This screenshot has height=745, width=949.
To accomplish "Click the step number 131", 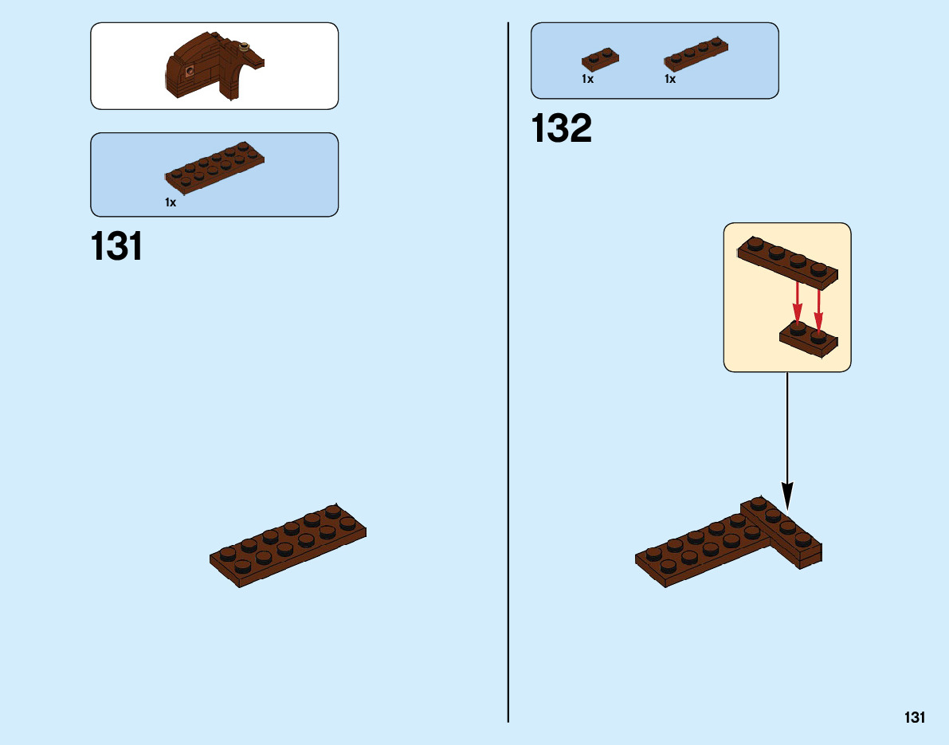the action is (x=117, y=247).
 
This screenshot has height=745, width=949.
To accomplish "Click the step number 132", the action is (x=562, y=129).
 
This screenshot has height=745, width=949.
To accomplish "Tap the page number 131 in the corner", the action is (x=914, y=718).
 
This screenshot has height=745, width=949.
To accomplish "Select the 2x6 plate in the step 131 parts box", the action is (x=214, y=168).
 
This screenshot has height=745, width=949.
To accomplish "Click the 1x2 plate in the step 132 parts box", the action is (x=601, y=60).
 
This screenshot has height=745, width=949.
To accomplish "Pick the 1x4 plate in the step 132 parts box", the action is (x=696, y=52).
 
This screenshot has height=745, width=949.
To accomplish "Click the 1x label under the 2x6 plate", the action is (x=171, y=203).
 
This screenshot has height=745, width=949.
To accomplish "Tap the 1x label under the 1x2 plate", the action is (x=587, y=79).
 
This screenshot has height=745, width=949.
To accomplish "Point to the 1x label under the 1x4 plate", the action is (x=670, y=79).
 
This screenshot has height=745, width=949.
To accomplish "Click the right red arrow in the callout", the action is (x=818, y=306).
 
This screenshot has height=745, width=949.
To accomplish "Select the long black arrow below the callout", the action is (x=787, y=438).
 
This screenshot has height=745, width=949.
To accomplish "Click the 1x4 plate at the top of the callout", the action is (x=787, y=260).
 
